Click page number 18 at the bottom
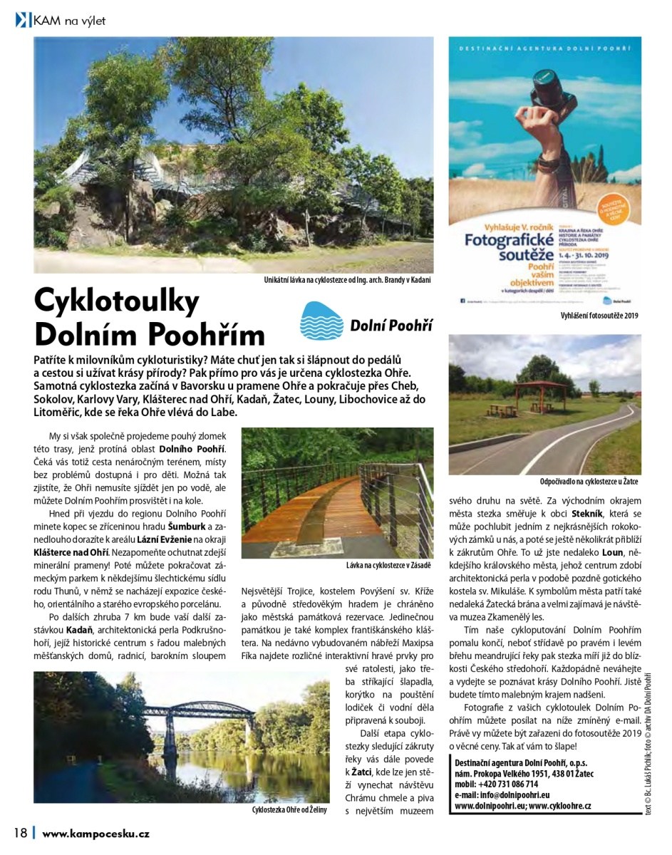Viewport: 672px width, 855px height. [20, 833]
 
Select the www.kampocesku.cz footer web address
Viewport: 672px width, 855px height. [95, 833]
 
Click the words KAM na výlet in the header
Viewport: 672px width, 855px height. [70, 21]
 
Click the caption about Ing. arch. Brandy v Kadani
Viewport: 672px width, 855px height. [347, 280]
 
